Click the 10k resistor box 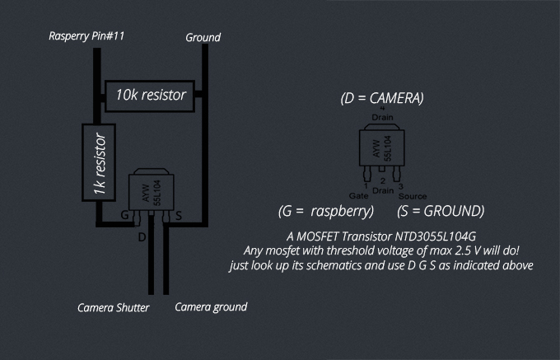click(x=150, y=96)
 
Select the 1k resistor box click(x=99, y=162)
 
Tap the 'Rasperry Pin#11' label click(x=86, y=36)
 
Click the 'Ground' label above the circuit click(x=203, y=38)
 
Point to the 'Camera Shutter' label click(x=113, y=308)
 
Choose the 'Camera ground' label click(x=211, y=307)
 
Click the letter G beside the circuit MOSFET click(x=124, y=215)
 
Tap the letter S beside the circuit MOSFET click(x=179, y=216)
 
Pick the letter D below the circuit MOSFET click(x=142, y=237)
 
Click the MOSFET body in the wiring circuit click(x=152, y=189)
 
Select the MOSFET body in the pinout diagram click(x=382, y=145)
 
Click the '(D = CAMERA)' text click(x=382, y=98)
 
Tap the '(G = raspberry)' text click(x=326, y=211)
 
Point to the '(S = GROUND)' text click(x=441, y=211)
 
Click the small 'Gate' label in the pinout click(x=358, y=196)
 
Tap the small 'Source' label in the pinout click(x=413, y=196)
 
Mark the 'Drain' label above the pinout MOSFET click(x=382, y=117)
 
